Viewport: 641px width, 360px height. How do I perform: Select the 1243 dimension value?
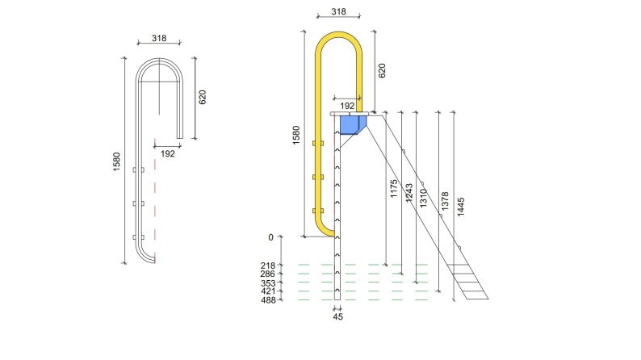(408, 192)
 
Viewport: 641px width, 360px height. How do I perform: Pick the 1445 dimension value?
(461, 205)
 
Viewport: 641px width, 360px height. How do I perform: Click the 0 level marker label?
(272, 237)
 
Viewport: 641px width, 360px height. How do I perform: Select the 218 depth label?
(268, 266)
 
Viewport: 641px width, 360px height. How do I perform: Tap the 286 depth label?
(268, 274)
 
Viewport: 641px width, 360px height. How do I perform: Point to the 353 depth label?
(268, 283)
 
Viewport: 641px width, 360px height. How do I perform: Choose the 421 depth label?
(268, 291)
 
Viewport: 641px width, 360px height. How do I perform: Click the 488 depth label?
(268, 300)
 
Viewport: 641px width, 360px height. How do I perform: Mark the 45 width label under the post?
(337, 317)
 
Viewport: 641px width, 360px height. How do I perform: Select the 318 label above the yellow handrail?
(338, 12)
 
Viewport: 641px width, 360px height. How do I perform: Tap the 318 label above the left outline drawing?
(159, 38)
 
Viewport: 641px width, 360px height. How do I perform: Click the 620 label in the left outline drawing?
(203, 97)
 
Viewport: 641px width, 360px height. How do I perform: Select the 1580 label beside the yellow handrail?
(295, 135)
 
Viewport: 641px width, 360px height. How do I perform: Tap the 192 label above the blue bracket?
(347, 106)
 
